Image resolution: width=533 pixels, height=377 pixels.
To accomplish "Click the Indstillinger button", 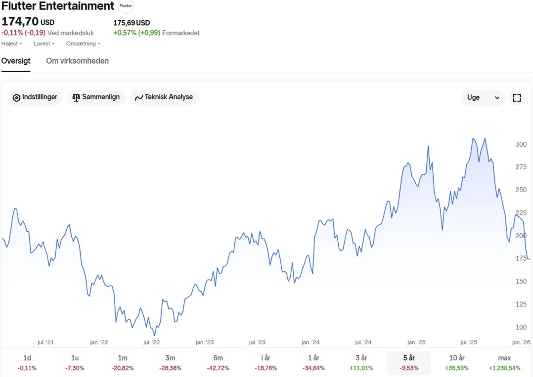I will pyautogui.click(x=35, y=97).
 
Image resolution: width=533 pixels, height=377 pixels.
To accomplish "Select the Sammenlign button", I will pyautogui.click(x=96, y=97).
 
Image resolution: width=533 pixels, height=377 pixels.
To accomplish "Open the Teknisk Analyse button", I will pyautogui.click(x=164, y=97).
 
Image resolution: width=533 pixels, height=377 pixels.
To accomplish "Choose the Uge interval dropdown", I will pyautogui.click(x=483, y=97).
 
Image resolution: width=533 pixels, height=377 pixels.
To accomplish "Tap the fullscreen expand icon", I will pyautogui.click(x=517, y=97).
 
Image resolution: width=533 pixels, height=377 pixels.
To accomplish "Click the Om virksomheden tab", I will pyautogui.click(x=77, y=61).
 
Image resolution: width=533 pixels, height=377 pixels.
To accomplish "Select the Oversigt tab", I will pyautogui.click(x=16, y=61).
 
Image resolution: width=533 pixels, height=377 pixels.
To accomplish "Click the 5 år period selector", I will pyautogui.click(x=409, y=363).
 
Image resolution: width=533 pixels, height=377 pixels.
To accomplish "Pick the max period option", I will pyautogui.click(x=504, y=363).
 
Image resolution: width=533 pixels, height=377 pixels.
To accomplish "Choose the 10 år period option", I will pyautogui.click(x=456, y=363).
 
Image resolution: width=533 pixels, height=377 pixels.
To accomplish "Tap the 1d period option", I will pyautogui.click(x=27, y=363).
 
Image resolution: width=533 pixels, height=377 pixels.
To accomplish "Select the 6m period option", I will pyautogui.click(x=218, y=363).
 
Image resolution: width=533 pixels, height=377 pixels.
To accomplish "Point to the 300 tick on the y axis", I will pyautogui.click(x=521, y=144).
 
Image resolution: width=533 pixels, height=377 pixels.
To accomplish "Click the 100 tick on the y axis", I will pyautogui.click(x=521, y=327).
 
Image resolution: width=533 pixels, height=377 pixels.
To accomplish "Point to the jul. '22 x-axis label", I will pyautogui.click(x=152, y=342).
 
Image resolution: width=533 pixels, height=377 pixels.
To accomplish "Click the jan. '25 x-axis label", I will pyautogui.click(x=416, y=342).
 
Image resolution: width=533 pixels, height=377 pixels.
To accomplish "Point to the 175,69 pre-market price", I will pyautogui.click(x=125, y=23).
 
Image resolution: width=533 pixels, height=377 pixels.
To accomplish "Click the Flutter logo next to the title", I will pyautogui.click(x=126, y=6).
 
